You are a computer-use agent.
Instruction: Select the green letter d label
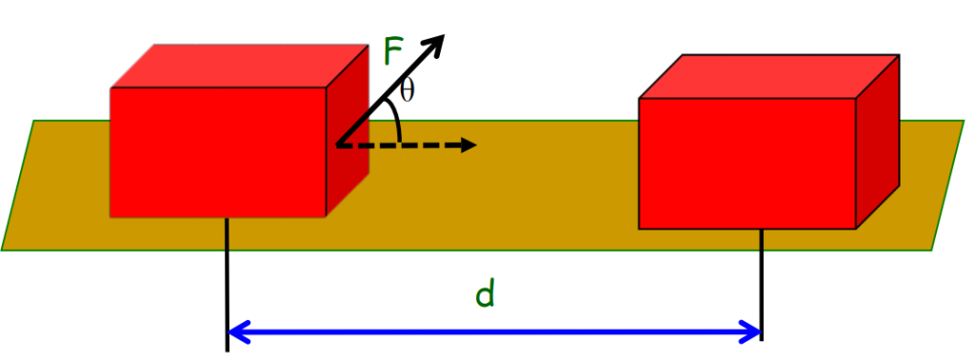pos(485,295)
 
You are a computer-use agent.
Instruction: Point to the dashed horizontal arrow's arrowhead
pos(468,145)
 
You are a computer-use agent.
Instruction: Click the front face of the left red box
pos(219,152)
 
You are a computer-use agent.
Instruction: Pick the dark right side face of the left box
pos(348,133)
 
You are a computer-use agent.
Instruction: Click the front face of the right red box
pos(746,162)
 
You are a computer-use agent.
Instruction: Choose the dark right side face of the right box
pos(877,143)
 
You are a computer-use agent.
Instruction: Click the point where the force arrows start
pos(337,145)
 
